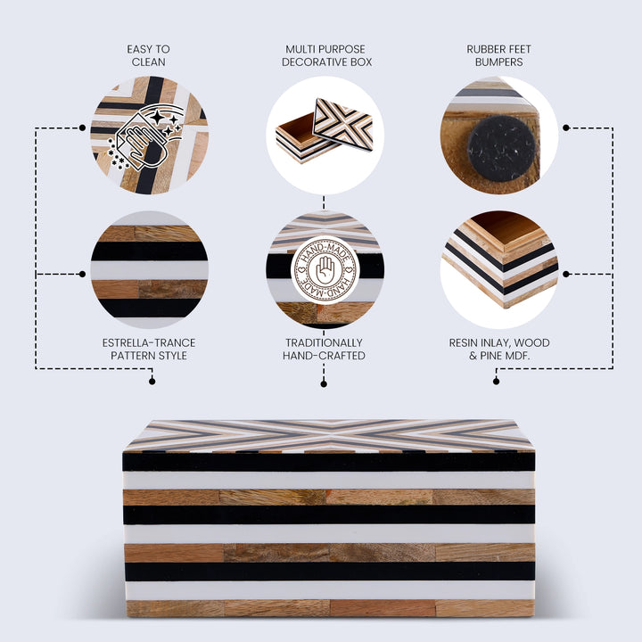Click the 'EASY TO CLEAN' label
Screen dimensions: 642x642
point(148,55)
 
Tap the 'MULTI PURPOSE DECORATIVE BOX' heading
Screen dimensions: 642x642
point(326,55)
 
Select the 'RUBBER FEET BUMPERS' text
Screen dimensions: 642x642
point(498,55)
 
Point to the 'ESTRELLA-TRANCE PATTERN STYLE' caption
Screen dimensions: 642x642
point(149,350)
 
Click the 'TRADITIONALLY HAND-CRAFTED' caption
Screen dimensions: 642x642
point(324,350)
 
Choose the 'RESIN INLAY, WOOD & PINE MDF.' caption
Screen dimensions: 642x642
point(499,350)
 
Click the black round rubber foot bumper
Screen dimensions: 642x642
point(501,148)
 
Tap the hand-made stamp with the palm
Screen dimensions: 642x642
point(325,270)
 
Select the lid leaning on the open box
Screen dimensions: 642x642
point(343,124)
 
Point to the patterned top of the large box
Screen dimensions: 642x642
point(329,435)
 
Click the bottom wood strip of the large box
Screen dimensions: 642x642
point(330,608)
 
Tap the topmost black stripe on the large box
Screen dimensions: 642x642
point(329,462)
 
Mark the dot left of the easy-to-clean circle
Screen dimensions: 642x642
point(82,128)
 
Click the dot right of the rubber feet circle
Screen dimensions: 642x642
point(566,128)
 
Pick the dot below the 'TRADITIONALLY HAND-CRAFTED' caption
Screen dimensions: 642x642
point(324,384)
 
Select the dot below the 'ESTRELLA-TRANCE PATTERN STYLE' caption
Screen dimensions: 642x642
point(152,382)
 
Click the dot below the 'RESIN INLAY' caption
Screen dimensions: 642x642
point(497,382)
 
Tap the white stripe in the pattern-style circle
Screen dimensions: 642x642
point(150,271)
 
